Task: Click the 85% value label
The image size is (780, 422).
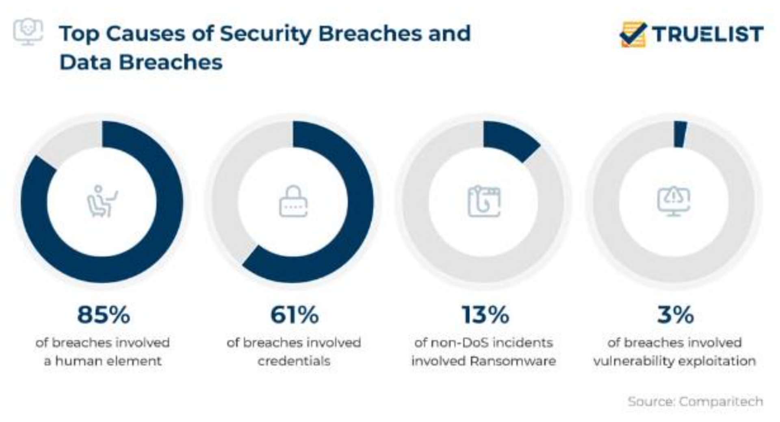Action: (104, 314)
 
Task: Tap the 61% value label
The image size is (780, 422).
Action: (295, 314)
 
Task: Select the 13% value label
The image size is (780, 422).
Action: (485, 314)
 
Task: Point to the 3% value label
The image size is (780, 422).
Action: (676, 314)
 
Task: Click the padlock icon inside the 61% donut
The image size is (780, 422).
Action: (293, 201)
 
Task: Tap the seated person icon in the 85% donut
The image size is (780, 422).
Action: (102, 201)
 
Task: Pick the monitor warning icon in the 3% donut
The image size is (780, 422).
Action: (674, 201)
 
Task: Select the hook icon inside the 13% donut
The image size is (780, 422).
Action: (484, 201)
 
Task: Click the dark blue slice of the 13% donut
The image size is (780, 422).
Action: (513, 139)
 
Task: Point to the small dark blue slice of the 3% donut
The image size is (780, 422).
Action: (680, 134)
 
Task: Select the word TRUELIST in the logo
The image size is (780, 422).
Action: (708, 34)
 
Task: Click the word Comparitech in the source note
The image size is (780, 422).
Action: (721, 402)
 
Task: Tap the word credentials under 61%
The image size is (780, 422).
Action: (294, 361)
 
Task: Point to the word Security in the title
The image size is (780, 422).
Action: (266, 34)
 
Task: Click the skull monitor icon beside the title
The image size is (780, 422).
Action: (28, 31)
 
